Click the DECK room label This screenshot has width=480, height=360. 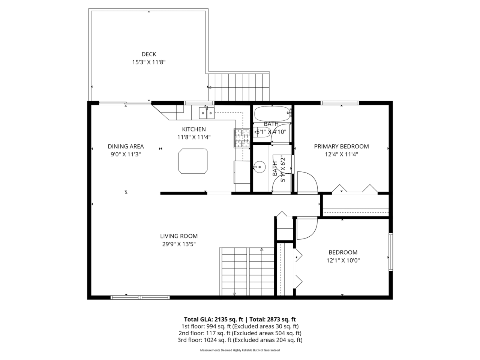point(149,54)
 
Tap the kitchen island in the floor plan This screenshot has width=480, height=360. point(193,161)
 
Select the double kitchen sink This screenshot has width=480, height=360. point(206,113)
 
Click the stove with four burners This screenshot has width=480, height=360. point(242,138)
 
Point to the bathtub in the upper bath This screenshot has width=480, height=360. point(272,114)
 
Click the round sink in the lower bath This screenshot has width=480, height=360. point(259,167)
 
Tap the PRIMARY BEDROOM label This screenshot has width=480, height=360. point(341,147)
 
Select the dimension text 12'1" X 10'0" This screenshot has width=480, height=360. point(343,260)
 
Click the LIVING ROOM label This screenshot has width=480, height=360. point(179,236)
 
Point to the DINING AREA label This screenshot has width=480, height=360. point(126,147)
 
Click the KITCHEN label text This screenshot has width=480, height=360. point(194,129)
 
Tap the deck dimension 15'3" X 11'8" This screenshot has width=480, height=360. point(149,62)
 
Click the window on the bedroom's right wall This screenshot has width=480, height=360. point(390,252)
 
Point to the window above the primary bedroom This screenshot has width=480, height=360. point(340,103)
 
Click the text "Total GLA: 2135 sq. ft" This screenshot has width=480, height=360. point(213,319)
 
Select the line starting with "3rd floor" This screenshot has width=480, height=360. point(240,340)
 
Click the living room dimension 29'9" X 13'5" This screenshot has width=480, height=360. point(179,244)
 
